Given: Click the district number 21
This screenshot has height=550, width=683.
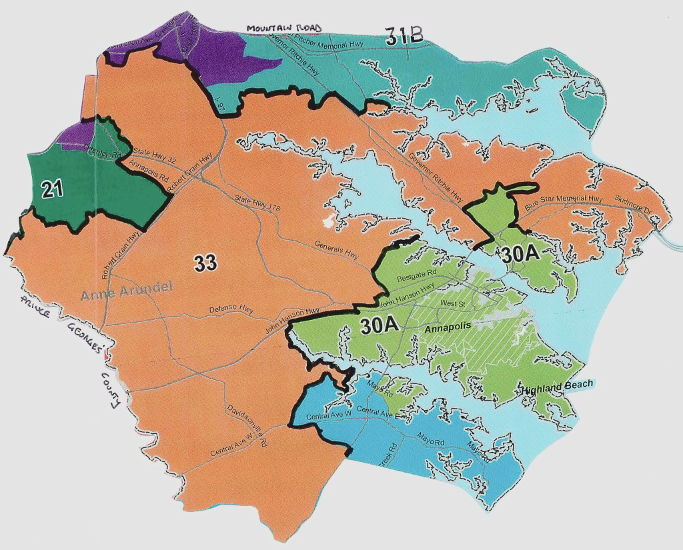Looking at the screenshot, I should pos(51,189).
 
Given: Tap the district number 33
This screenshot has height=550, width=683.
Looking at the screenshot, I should pos(205,263).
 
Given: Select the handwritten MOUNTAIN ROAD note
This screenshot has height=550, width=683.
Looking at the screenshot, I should pos(283,28).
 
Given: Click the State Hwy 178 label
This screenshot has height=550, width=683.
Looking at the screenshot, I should pos(257,203).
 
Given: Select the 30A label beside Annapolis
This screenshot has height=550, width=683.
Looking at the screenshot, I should pos(380,325).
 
